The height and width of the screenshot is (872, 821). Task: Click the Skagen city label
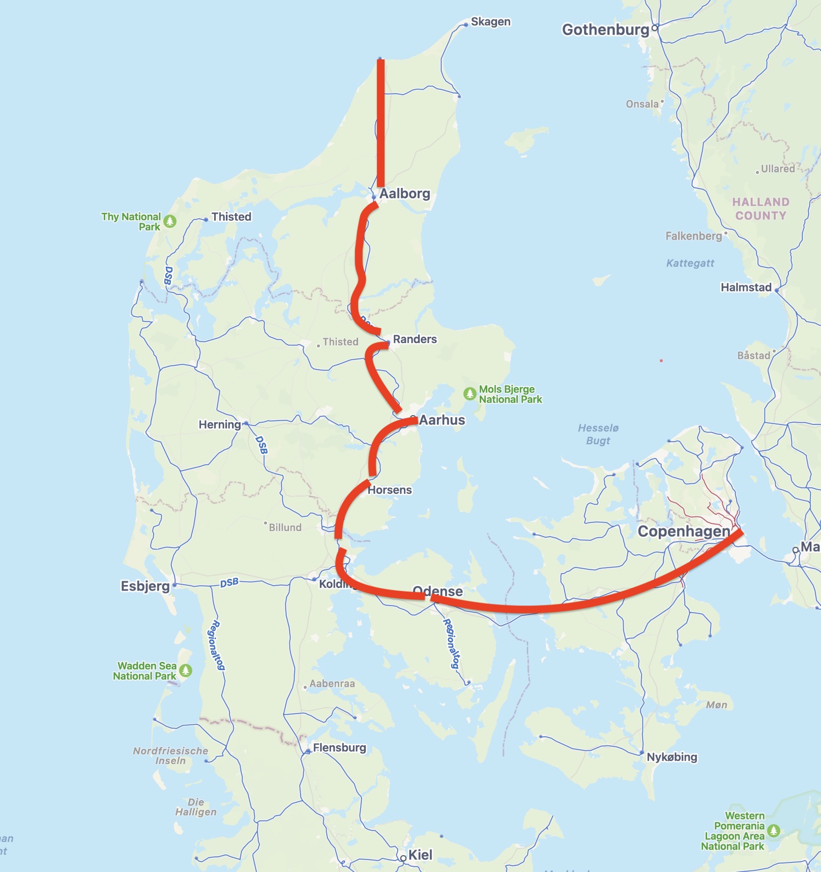pyautogui.click(x=490, y=22)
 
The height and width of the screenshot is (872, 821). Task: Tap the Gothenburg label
pyautogui.click(x=605, y=30)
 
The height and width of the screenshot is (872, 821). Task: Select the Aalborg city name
pyautogui.click(x=405, y=194)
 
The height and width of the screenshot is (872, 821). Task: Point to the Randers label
pyautogui.click(x=415, y=339)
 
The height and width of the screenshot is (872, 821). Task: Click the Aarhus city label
pyautogui.click(x=442, y=420)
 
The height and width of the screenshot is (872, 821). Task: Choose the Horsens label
pyautogui.click(x=390, y=490)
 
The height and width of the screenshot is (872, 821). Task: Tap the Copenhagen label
pyautogui.click(x=684, y=532)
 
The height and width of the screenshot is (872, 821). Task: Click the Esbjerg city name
pyautogui.click(x=145, y=586)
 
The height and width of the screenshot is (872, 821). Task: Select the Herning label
pyautogui.click(x=220, y=425)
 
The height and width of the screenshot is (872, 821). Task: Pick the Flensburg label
pyautogui.click(x=339, y=748)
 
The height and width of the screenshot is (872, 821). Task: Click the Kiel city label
pyautogui.click(x=420, y=855)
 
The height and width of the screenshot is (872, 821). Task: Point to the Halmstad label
pyautogui.click(x=746, y=287)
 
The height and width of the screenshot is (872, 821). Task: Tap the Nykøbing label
pyautogui.click(x=672, y=757)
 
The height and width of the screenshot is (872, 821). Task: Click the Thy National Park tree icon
pyautogui.click(x=170, y=221)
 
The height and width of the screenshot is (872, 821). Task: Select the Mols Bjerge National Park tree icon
pyautogui.click(x=470, y=394)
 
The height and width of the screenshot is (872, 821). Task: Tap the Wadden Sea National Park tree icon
pyautogui.click(x=186, y=671)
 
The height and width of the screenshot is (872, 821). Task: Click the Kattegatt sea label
pyautogui.click(x=690, y=263)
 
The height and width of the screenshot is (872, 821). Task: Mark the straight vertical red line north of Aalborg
pyautogui.click(x=380, y=122)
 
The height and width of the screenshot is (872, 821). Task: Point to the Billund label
pyautogui.click(x=285, y=528)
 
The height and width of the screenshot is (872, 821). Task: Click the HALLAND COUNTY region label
pyautogui.click(x=760, y=209)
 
